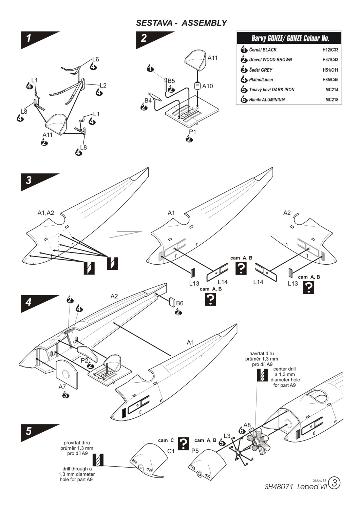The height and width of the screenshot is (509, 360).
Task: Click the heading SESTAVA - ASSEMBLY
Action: pyautogui.click(x=181, y=23)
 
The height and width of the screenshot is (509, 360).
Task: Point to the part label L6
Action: pyautogui.click(x=95, y=59)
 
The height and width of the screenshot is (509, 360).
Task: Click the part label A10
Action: pyautogui.click(x=207, y=86)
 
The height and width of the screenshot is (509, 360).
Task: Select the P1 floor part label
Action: pyautogui.click(x=192, y=131)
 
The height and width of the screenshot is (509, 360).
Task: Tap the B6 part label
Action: pyautogui.click(x=179, y=303)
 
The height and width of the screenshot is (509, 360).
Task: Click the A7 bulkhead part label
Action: pyautogui.click(x=62, y=387)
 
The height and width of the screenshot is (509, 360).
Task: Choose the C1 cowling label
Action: pyautogui.click(x=171, y=451)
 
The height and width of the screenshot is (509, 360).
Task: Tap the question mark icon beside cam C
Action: pyautogui.click(x=184, y=443)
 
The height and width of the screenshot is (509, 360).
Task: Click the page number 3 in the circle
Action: pyautogui.click(x=335, y=483)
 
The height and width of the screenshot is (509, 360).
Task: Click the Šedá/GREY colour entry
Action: pyautogui.click(x=261, y=70)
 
